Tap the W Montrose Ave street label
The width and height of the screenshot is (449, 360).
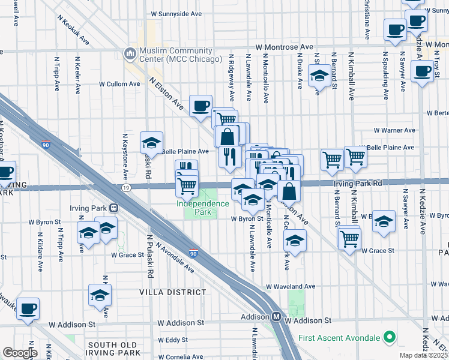tap(284, 47)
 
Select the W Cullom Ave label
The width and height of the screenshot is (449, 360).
tap(119, 85)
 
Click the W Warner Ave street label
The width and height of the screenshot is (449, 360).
tap(394, 130)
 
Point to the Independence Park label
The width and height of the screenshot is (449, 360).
tap(202, 203)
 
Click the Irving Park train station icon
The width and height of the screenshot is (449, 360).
tap(113, 208)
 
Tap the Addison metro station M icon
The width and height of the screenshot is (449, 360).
tap(277, 316)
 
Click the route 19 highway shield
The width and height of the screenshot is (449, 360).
tap(125, 187)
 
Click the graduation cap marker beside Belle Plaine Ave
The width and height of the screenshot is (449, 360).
tap(151, 142)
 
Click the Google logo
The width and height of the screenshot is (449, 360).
tap(20, 353)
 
